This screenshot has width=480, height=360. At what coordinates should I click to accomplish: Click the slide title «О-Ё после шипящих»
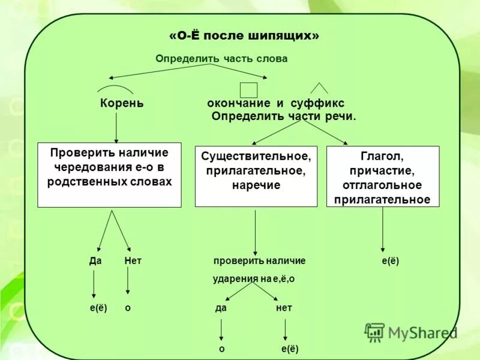(244, 36)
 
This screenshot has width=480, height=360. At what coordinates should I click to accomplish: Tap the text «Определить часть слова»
(221, 59)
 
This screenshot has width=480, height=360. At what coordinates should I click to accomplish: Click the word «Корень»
(122, 103)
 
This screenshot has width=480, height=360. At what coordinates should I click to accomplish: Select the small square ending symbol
(248, 89)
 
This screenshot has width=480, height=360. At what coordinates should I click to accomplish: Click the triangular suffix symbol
(319, 88)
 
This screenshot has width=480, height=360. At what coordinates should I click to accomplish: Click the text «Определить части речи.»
(284, 116)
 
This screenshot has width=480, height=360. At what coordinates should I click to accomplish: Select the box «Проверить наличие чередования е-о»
(109, 175)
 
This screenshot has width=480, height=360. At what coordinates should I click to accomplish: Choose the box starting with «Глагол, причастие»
(382, 176)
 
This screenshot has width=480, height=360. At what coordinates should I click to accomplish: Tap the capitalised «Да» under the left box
(95, 261)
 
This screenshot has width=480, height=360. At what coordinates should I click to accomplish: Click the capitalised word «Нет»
(133, 261)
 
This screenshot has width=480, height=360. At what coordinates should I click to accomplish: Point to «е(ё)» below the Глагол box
(390, 261)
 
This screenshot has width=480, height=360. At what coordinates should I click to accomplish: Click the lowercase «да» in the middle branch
(220, 308)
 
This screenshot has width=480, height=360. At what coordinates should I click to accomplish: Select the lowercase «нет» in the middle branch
(284, 308)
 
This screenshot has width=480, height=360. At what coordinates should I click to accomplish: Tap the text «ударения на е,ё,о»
(254, 279)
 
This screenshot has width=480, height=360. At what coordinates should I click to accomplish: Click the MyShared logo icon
(375, 332)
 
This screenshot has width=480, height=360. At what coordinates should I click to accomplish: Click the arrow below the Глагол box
(383, 229)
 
